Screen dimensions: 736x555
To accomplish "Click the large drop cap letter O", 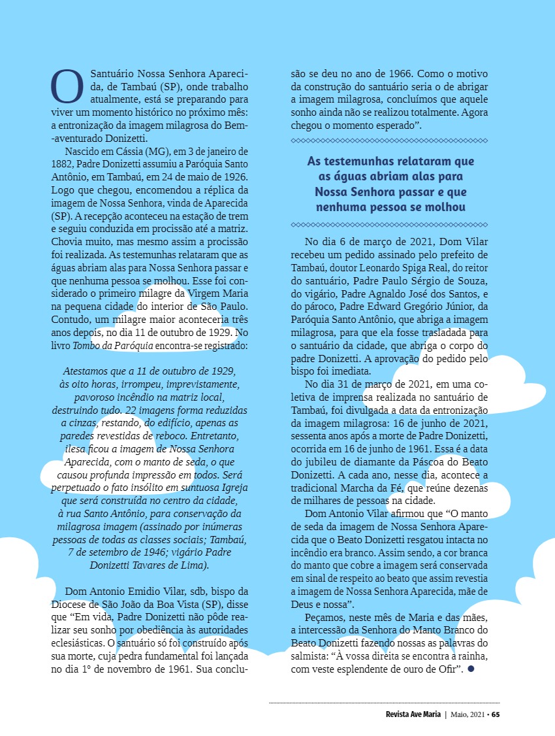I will pos(67,86).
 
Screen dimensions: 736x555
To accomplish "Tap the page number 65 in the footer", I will pos(496,714).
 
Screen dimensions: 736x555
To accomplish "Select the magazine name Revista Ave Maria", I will pos(413,714).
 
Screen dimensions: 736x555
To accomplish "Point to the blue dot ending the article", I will pos(470,668).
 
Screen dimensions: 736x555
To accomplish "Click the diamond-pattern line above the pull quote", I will pos(389,141).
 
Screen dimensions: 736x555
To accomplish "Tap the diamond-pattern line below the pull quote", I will pos(389,224).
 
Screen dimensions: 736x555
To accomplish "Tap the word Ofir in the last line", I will pos(447,668).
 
